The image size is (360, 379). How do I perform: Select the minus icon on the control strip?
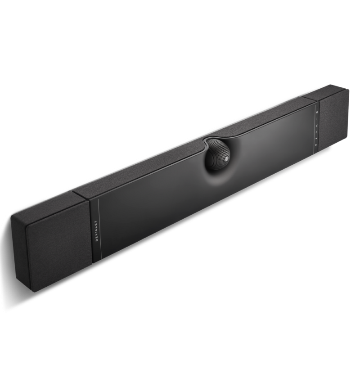pos(317,119)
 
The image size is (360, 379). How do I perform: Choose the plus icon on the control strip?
pos(316,132)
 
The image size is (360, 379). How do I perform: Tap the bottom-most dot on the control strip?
pos(315,145)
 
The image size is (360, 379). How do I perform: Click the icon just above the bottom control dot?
pos(315,139)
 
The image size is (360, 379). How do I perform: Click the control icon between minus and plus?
pos(316,126)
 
